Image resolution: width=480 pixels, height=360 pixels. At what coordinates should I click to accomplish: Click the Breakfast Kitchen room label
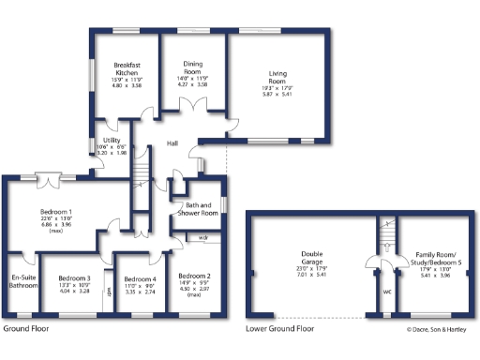click(x=127, y=68)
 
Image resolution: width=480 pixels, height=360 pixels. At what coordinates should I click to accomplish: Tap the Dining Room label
click(x=192, y=67)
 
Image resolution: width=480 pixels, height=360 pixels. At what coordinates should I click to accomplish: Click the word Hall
click(x=172, y=143)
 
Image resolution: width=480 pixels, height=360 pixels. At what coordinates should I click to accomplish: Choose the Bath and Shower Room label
click(x=198, y=209)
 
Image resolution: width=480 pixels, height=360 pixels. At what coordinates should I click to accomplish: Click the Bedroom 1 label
click(x=57, y=212)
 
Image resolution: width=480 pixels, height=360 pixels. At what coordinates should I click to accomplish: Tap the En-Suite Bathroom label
click(x=24, y=282)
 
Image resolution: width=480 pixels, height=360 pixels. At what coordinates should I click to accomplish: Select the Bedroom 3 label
click(x=74, y=279)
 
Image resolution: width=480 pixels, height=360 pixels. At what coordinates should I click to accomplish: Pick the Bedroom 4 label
click(x=140, y=279)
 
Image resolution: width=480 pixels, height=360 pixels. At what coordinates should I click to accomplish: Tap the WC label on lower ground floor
click(x=386, y=292)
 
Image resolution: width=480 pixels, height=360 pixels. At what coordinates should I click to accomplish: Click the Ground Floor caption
click(x=25, y=330)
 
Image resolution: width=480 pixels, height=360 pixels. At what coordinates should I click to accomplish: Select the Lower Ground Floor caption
click(x=280, y=330)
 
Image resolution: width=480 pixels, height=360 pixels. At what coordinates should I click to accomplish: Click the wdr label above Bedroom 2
click(x=202, y=238)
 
